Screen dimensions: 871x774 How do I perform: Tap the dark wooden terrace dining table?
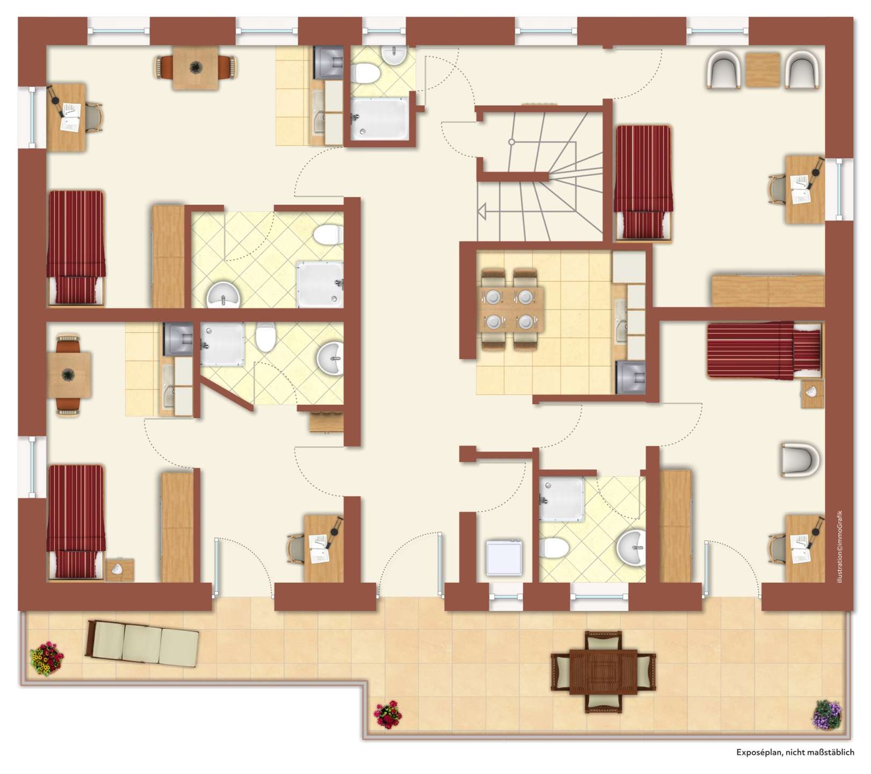[603, 672]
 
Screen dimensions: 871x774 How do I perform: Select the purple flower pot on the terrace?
[827, 714]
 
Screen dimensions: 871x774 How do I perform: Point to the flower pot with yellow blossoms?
[47, 658]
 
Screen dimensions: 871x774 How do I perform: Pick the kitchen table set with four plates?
[509, 310]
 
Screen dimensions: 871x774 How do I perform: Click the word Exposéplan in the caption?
[759, 752]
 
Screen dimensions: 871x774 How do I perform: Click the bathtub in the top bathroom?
[379, 119]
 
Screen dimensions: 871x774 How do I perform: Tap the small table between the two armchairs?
[762, 70]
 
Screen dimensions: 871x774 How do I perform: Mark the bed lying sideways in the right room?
[764, 350]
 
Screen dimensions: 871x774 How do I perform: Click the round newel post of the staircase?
[512, 142]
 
